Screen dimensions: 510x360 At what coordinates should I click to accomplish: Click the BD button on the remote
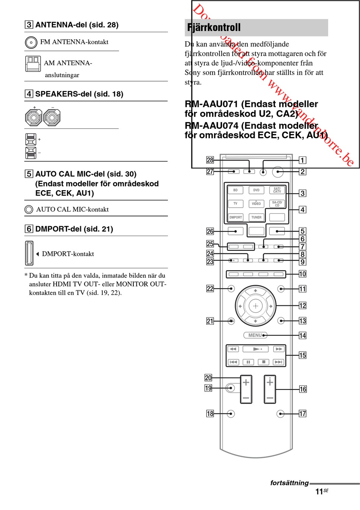235,190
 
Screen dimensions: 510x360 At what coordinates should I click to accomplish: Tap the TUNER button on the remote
256,217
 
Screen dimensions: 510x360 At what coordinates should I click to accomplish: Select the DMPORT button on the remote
235,217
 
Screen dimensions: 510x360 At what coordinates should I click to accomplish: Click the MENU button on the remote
255,335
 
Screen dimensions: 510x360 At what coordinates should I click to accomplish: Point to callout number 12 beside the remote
302,305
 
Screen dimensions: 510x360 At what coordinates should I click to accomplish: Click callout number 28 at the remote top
210,160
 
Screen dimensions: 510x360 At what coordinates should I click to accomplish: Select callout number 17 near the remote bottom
302,413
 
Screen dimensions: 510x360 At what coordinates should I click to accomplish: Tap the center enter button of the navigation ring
255,306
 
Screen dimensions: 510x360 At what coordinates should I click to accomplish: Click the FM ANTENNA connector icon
31,42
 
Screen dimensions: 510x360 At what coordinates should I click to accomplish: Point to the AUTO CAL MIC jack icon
29,210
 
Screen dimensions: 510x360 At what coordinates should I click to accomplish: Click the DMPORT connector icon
29,253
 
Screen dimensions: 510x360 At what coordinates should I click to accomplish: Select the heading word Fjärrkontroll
214,27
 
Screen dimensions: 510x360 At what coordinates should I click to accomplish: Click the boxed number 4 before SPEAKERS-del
29,94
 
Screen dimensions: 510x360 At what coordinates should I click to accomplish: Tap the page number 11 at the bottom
319,492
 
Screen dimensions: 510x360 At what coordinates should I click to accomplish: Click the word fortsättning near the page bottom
289,483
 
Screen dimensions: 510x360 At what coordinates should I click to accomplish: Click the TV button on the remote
235,203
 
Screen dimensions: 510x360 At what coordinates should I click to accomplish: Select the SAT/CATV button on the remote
277,190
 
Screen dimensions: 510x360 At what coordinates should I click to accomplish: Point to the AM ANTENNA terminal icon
33,64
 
